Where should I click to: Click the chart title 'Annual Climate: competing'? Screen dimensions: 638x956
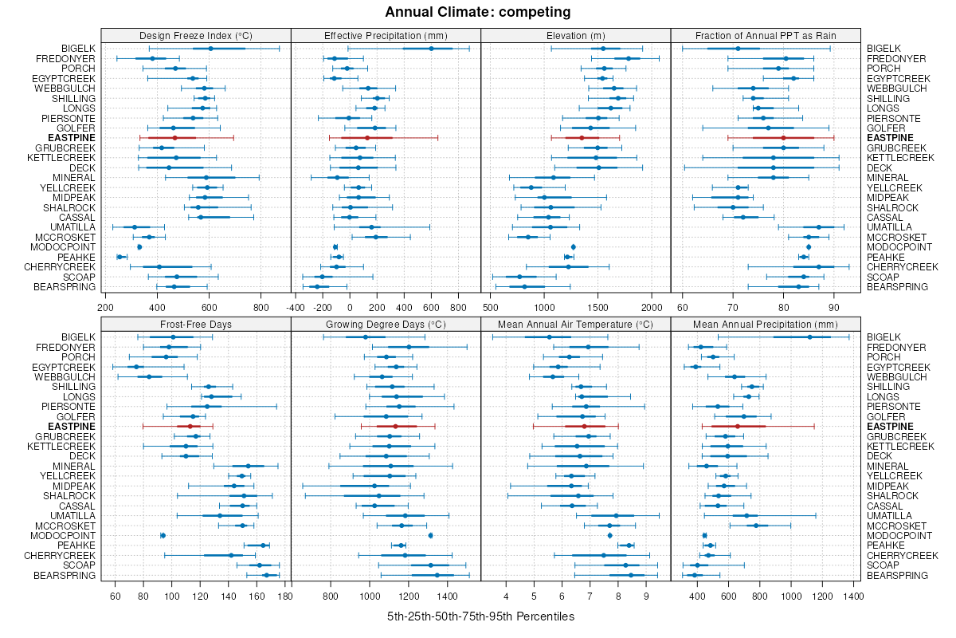click(x=477, y=12)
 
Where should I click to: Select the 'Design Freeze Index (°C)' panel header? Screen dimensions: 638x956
click(x=195, y=35)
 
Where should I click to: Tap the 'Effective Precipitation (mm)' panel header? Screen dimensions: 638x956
click(x=386, y=35)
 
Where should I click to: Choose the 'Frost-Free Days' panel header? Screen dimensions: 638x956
click(x=195, y=324)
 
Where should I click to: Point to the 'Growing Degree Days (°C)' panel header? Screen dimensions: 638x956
click(x=386, y=324)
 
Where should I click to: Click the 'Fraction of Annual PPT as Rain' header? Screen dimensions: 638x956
click(x=765, y=35)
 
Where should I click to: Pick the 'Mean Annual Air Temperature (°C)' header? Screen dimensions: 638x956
click(x=575, y=324)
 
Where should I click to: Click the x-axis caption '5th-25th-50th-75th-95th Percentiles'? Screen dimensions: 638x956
click(x=480, y=616)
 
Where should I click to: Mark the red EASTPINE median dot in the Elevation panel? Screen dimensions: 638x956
click(x=582, y=138)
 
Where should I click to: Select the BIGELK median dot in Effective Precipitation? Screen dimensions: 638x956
click(x=431, y=49)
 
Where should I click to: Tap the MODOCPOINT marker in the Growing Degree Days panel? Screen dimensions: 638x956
click(x=430, y=535)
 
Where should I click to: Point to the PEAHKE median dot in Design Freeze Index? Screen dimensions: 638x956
click(x=120, y=257)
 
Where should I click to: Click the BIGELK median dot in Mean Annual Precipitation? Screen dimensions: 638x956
click(x=809, y=337)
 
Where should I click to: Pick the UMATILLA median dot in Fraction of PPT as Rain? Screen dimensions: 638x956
click(x=819, y=227)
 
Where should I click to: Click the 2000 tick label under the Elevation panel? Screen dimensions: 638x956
click(x=652, y=306)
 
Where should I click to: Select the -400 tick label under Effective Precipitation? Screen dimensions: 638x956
click(x=296, y=306)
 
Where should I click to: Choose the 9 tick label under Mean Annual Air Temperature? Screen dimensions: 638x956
click(x=646, y=595)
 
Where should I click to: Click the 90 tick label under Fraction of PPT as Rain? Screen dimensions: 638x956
click(x=834, y=306)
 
